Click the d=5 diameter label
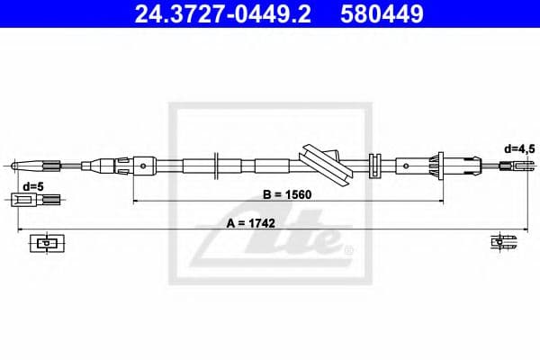tap(33, 186)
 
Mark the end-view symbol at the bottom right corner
tap(499, 241)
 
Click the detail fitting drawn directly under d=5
tap(34, 201)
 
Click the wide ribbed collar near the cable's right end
tap(440, 165)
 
